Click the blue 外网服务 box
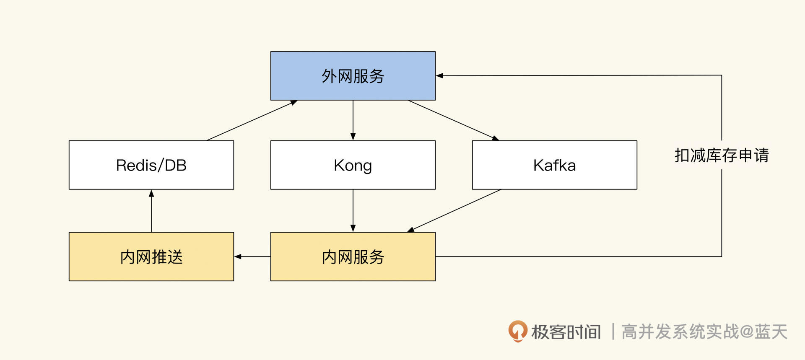353,76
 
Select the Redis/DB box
151,165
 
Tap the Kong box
353,165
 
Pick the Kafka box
554,165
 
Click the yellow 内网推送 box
151,256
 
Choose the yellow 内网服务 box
353,256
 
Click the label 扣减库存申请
721,155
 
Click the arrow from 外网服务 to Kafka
453,120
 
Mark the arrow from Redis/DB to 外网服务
252,120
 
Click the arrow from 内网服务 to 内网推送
252,256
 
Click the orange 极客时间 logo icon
517,331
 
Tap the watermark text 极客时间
566,332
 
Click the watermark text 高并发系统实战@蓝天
704,332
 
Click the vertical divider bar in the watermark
613,332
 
